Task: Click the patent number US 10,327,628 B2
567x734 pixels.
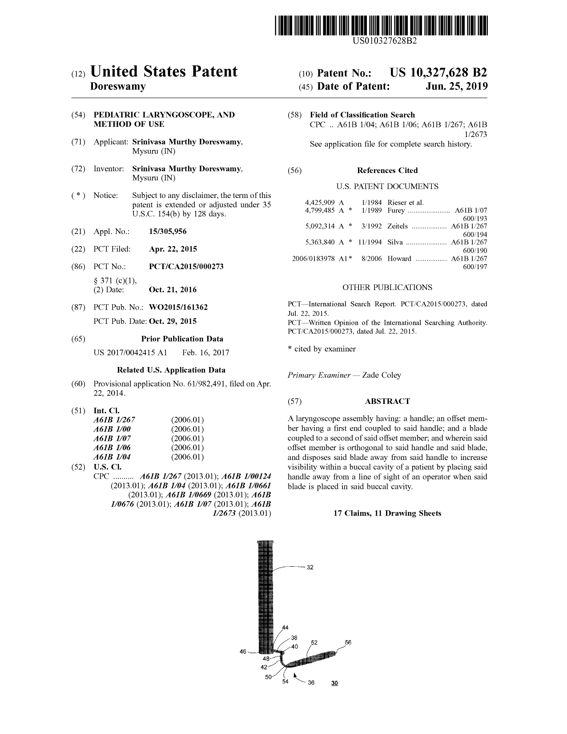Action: pyautogui.click(x=438, y=73)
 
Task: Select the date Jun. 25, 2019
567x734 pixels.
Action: pyautogui.click(x=456, y=86)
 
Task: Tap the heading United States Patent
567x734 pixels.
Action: pyautogui.click(x=164, y=72)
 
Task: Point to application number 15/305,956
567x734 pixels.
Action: pyautogui.click(x=168, y=231)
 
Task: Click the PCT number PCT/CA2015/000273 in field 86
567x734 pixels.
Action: pyautogui.click(x=186, y=266)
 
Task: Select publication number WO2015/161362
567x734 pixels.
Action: pyautogui.click(x=178, y=307)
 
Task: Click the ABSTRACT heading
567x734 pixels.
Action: pyautogui.click(x=387, y=401)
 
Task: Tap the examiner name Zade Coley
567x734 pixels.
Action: pyautogui.click(x=382, y=375)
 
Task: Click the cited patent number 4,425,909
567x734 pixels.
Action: pyautogui.click(x=319, y=203)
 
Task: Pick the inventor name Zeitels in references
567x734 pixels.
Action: pyautogui.click(x=398, y=226)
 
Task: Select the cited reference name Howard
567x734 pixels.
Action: pyautogui.click(x=399, y=258)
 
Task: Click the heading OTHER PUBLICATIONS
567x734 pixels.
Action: pyautogui.click(x=387, y=287)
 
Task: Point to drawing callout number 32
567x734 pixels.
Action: pyautogui.click(x=310, y=567)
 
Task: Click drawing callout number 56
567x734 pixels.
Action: pyautogui.click(x=348, y=642)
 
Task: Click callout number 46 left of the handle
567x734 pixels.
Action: pyautogui.click(x=243, y=652)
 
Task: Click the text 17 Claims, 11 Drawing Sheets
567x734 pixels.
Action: pyautogui.click(x=387, y=513)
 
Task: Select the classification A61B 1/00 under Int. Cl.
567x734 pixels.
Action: pyautogui.click(x=112, y=429)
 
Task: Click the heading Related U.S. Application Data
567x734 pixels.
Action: pyautogui.click(x=171, y=370)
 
